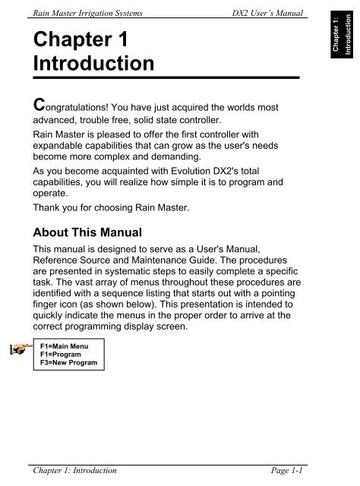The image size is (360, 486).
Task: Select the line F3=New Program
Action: click(68, 363)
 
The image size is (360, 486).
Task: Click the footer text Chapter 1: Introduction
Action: click(71, 471)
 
